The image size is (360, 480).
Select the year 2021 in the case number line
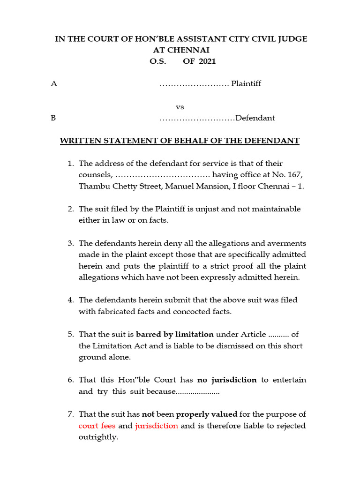(207, 61)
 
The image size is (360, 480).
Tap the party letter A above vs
(53, 84)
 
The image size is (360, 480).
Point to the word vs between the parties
(180, 107)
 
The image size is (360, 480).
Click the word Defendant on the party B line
(255, 118)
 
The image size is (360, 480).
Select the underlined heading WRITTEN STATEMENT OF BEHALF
(180, 141)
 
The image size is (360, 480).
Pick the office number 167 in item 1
(296, 175)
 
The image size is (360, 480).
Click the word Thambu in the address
(92, 186)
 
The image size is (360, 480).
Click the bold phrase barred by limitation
(174, 334)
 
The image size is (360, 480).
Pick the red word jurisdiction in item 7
(157, 426)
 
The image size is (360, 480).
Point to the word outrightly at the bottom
(98, 437)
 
